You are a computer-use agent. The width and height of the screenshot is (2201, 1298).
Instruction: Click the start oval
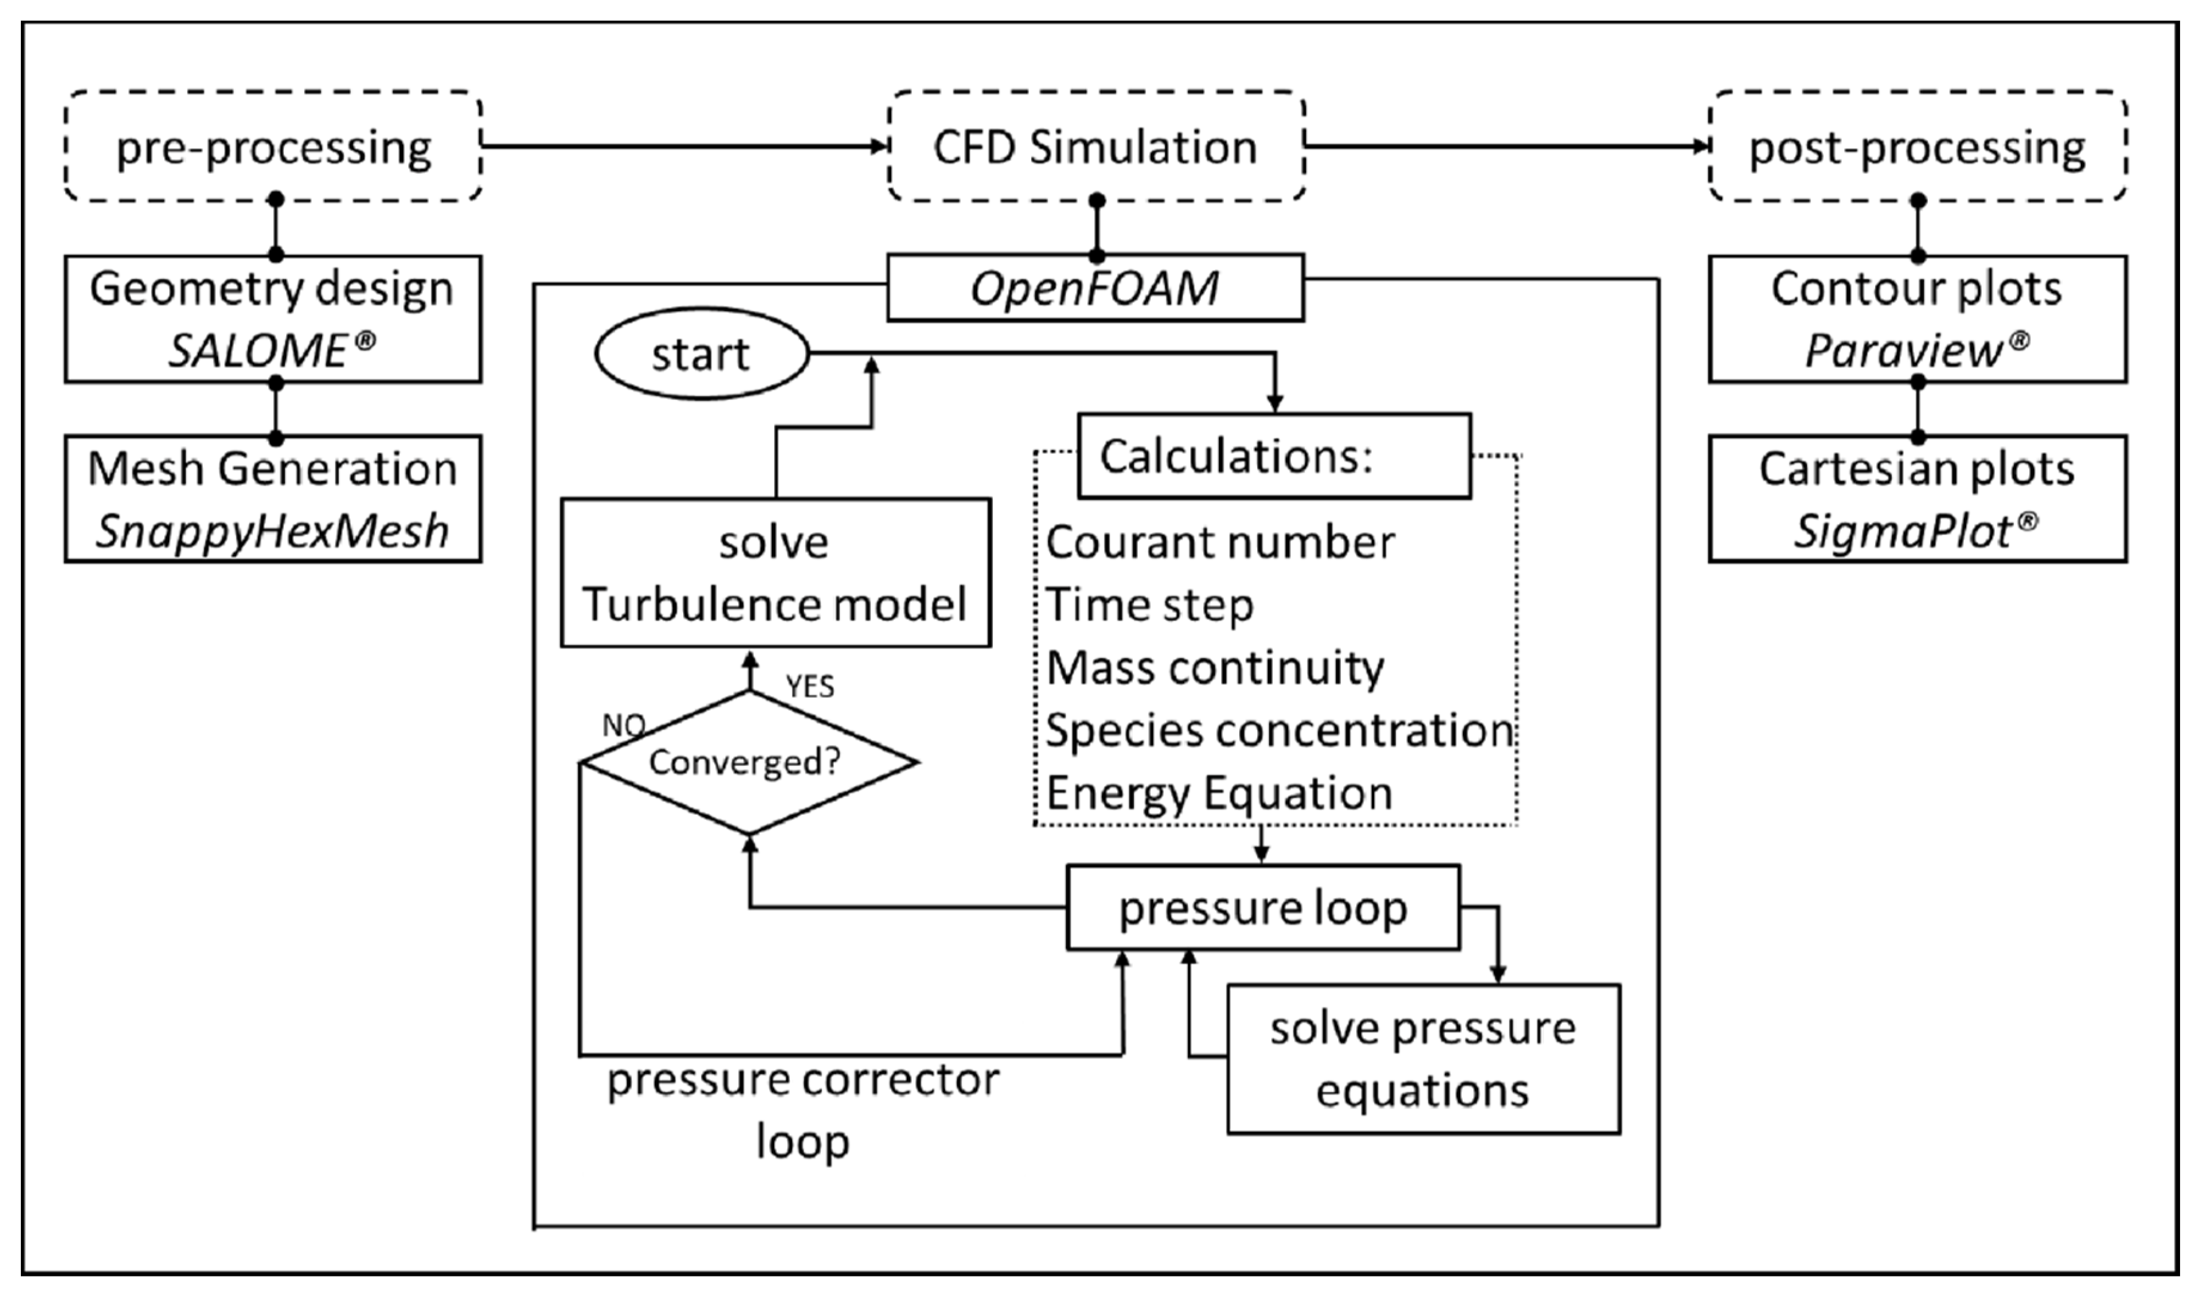pyautogui.click(x=701, y=353)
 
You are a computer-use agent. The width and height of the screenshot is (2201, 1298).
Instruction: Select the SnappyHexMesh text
pyautogui.click(x=273, y=531)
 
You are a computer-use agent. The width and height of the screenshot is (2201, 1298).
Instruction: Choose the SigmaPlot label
pyautogui.click(x=1905, y=531)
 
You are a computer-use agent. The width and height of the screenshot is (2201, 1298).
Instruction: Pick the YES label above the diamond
pyautogui.click(x=810, y=686)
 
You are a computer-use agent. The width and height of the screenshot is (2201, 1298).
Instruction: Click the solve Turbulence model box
pyautogui.click(x=775, y=573)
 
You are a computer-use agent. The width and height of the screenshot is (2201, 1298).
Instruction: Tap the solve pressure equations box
pyautogui.click(x=1423, y=1059)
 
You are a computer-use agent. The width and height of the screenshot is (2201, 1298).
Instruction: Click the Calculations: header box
pyautogui.click(x=1273, y=456)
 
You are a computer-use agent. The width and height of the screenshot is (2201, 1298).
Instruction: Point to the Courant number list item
pyautogui.click(x=1220, y=542)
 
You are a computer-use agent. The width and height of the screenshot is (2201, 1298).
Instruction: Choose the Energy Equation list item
pyautogui.click(x=1219, y=793)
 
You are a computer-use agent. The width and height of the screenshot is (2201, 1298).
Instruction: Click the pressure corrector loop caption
pyautogui.click(x=803, y=1111)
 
